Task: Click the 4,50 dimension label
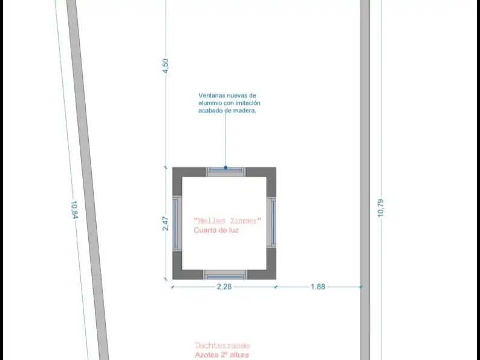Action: pyautogui.click(x=165, y=65)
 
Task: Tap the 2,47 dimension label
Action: pyautogui.click(x=165, y=223)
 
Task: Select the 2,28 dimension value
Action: pyautogui.click(x=224, y=287)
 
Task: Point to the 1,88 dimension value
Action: pyautogui.click(x=318, y=287)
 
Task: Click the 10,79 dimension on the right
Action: pyautogui.click(x=380, y=208)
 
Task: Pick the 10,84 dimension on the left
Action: pyautogui.click(x=74, y=209)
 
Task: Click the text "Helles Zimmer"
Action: pyautogui.click(x=227, y=221)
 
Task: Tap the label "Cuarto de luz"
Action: pyautogui.click(x=216, y=230)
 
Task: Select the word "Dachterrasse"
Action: pyautogui.click(x=222, y=345)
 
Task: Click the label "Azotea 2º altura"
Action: pyautogui.click(x=222, y=355)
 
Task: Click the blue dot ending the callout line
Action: pyautogui.click(x=225, y=168)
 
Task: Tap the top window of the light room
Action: pyautogui.click(x=225, y=172)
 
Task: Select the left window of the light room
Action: pyautogui.click(x=177, y=223)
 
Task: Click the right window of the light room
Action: pyautogui.click(x=271, y=223)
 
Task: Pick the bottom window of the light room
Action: pyautogui.click(x=225, y=275)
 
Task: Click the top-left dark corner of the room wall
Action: pyautogui.click(x=178, y=172)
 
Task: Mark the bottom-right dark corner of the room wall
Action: pyautogui.click(x=271, y=275)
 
